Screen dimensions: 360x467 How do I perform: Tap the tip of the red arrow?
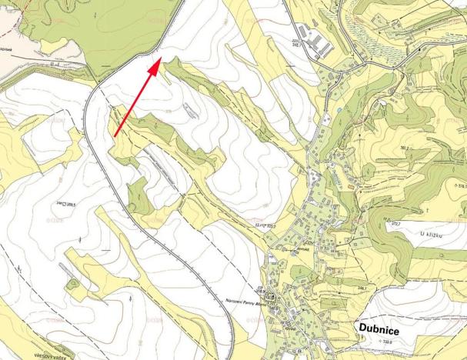tap(160, 58)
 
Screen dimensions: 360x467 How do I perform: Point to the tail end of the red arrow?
tap(115, 136)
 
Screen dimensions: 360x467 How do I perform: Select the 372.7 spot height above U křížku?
tap(398, 224)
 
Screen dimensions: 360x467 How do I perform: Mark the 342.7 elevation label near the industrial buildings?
tap(297, 43)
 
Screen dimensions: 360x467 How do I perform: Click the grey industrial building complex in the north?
tap(316, 38)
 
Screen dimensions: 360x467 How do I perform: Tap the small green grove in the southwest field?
tap(73, 285)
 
